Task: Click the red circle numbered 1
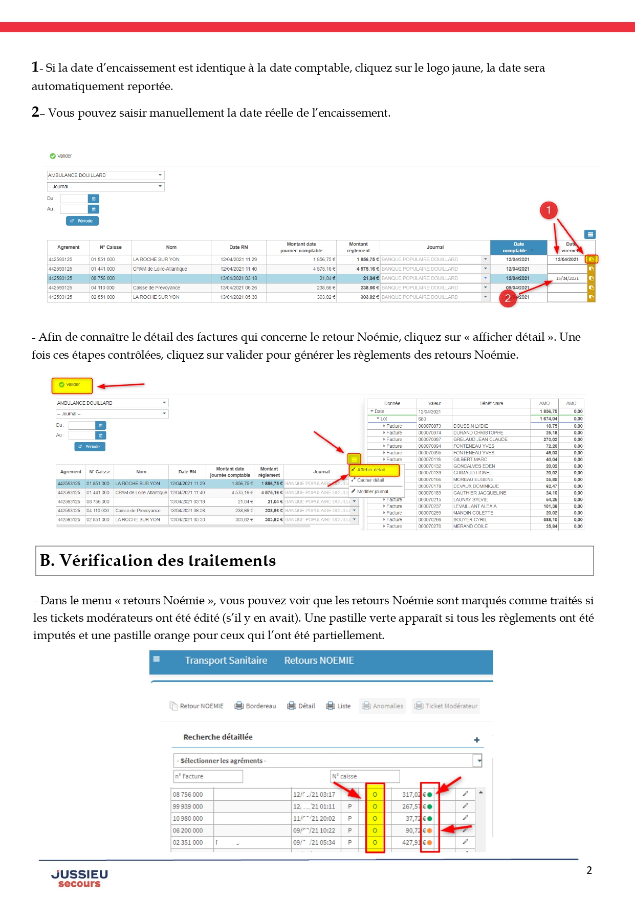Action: point(549,210)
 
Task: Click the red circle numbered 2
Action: point(507,298)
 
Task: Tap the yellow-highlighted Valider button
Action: point(72,385)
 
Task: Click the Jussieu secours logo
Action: point(79,878)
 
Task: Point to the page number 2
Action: point(589,870)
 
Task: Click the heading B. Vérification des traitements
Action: point(158,561)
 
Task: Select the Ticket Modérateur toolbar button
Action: point(447,706)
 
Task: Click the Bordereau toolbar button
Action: point(255,706)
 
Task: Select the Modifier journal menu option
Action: point(373,492)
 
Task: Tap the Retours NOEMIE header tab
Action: point(319,661)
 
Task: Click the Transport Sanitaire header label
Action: point(226,661)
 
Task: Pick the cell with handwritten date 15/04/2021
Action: point(567,278)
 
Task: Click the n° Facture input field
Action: point(208,776)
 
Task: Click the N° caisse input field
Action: point(365,776)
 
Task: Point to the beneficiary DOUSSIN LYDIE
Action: point(471,426)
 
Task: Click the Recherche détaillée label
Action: point(218,737)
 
